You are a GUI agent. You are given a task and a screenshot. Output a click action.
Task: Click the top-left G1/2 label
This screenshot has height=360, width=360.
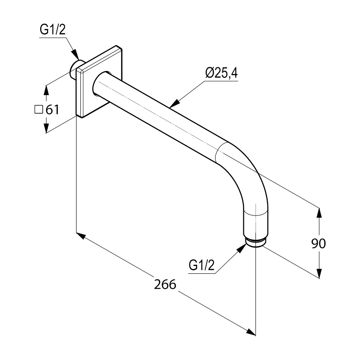coord(53,30)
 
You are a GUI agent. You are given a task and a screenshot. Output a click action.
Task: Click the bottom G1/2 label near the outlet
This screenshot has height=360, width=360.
coord(201,265)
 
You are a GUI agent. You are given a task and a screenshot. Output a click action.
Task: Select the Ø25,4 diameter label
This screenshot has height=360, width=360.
coord(221,73)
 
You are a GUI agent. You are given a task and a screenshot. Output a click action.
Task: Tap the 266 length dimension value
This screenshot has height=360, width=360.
coord(165,284)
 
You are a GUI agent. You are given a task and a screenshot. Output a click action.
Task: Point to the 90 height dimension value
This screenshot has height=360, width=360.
coord(318,243)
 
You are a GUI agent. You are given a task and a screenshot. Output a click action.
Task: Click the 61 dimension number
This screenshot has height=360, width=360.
coord(52,109)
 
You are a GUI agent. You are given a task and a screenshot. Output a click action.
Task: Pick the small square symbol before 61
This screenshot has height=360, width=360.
coord(38,109)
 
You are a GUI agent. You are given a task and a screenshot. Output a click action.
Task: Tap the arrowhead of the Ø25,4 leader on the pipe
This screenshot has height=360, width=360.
coord(174,103)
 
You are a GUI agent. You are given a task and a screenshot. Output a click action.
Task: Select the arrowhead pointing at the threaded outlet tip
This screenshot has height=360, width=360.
coord(242,248)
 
